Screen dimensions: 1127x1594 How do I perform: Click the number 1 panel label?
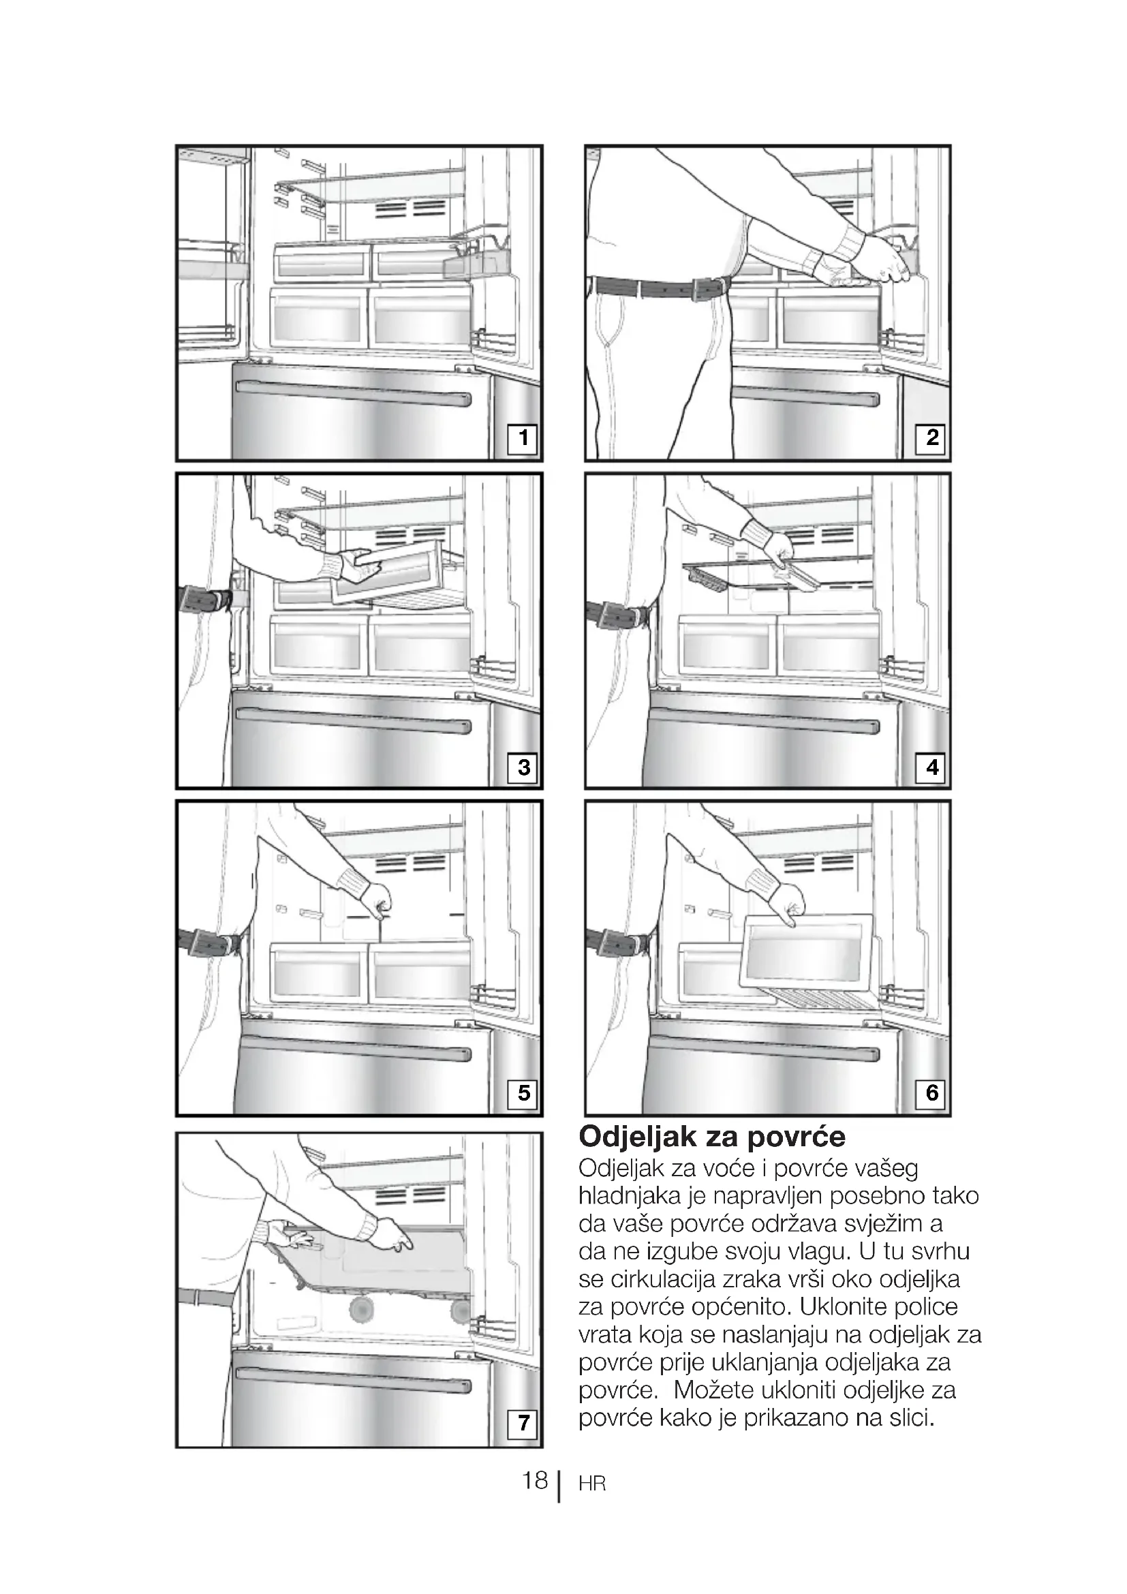[523, 438]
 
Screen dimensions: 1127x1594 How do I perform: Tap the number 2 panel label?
[931, 438]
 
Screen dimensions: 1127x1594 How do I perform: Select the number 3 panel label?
[523, 767]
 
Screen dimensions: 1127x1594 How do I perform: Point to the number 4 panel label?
[931, 767]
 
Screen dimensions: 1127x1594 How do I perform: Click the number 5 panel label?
[523, 1093]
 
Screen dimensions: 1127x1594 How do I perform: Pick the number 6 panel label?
[931, 1093]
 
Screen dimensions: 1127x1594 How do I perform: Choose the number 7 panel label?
[523, 1422]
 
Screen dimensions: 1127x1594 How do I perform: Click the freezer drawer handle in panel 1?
[353, 393]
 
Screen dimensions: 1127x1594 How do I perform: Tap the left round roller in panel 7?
[362, 1309]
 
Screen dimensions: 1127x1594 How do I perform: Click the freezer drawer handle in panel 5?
[353, 1048]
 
